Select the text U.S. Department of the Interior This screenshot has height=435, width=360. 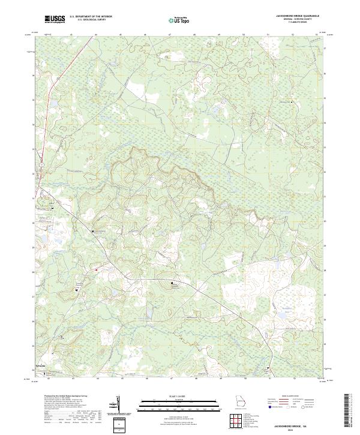click(x=91, y=17)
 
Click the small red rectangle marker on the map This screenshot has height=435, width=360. click(x=95, y=270)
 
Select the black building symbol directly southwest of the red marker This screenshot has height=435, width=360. click(x=77, y=290)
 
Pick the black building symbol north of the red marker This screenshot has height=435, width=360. click(x=92, y=231)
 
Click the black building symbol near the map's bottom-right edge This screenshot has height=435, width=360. click(x=269, y=368)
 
